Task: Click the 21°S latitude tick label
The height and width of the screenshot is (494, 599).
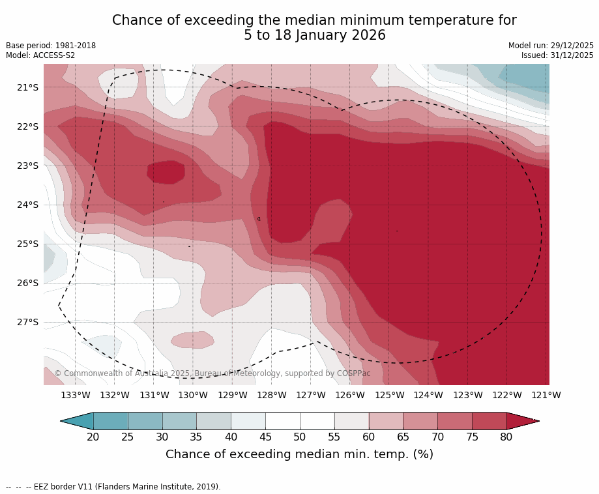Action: click(28, 87)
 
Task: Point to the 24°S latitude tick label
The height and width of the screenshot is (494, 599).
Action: click(28, 205)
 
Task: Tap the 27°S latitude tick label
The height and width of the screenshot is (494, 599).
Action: click(28, 322)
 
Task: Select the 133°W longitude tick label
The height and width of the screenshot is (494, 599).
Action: click(76, 395)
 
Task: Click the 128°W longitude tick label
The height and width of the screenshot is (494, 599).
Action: click(272, 395)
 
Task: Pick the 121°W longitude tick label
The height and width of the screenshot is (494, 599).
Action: click(546, 395)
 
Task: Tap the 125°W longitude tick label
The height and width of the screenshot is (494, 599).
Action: click(389, 395)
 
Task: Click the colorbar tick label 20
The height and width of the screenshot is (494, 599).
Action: click(93, 437)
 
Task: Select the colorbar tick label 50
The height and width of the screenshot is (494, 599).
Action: click(300, 437)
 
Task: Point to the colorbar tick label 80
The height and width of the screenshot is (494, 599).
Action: click(506, 437)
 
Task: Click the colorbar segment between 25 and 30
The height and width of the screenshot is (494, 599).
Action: click(145, 421)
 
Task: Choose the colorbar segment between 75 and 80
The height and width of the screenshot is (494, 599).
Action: click(489, 421)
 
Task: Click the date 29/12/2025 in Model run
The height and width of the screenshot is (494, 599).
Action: click(572, 46)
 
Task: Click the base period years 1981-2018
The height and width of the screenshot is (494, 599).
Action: click(73, 46)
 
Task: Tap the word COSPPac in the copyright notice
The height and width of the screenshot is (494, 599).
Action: click(353, 373)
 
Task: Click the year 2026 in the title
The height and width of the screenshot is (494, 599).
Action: click(366, 36)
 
